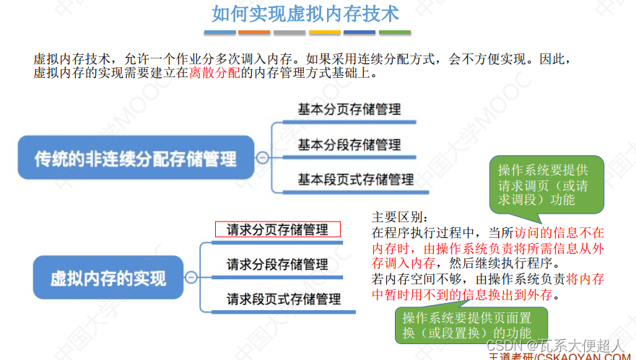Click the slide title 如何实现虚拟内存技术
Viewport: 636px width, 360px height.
[x=305, y=14]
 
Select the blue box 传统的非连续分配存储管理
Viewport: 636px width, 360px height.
[x=136, y=157]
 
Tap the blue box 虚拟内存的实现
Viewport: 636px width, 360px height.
[x=108, y=277]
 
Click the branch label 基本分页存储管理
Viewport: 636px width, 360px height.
[x=349, y=110]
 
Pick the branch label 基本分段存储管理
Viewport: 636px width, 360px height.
[x=349, y=144]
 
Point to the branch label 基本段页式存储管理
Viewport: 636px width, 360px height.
[x=356, y=179]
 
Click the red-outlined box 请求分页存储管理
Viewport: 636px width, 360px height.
[x=277, y=230]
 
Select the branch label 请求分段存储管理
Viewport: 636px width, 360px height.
[x=277, y=264]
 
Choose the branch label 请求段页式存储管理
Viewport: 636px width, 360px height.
[x=284, y=298]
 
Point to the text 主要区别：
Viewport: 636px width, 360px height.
[x=399, y=218]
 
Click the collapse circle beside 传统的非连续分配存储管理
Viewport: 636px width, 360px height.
[x=262, y=157]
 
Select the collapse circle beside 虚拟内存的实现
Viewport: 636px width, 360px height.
[x=191, y=277]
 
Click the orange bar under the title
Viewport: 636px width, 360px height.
[x=324, y=32]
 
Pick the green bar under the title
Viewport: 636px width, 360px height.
[x=394, y=32]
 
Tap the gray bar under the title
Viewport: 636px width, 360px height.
[x=289, y=32]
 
